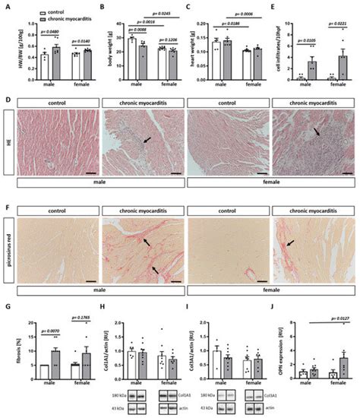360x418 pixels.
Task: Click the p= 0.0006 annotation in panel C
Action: (x=248, y=14)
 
